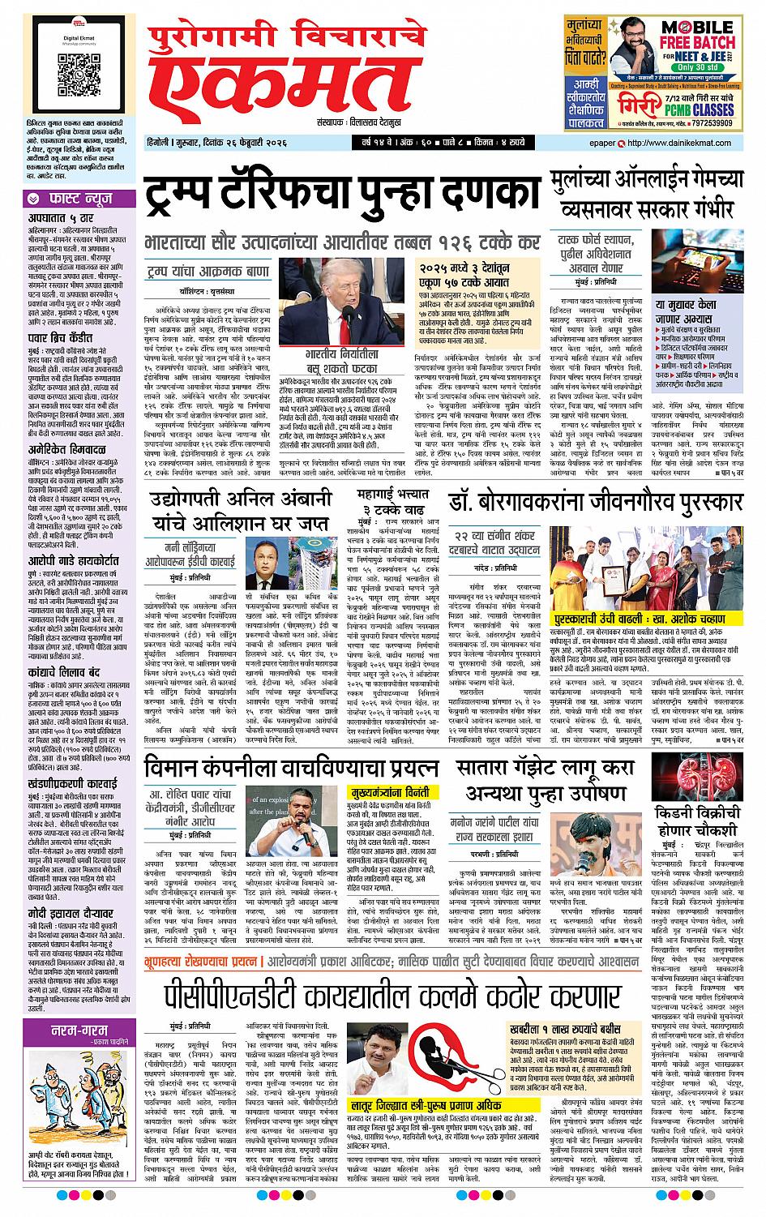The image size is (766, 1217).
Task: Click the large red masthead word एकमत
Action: (271, 92)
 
